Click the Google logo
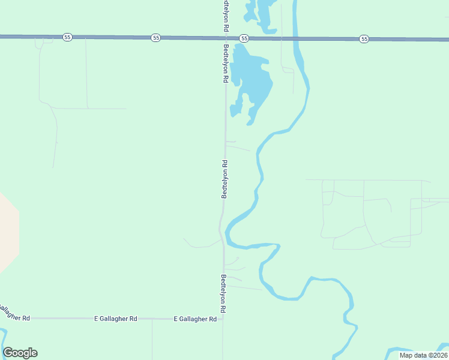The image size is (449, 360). point(20,353)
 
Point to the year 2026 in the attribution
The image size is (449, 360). point(439,355)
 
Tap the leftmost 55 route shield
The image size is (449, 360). point(67,37)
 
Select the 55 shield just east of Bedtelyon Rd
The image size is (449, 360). point(244,38)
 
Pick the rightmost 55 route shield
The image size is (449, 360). point(364,38)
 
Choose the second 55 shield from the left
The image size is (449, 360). point(156,38)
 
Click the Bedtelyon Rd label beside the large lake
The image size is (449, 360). point(226,63)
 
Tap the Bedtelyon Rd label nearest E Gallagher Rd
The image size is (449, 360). point(223,293)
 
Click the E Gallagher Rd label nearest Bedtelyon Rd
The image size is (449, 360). point(195,319)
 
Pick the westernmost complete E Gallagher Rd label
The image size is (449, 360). point(116,319)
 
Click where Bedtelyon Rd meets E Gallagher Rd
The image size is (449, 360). point(223,319)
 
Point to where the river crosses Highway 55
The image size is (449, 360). point(295,38)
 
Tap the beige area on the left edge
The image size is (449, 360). point(7,231)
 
